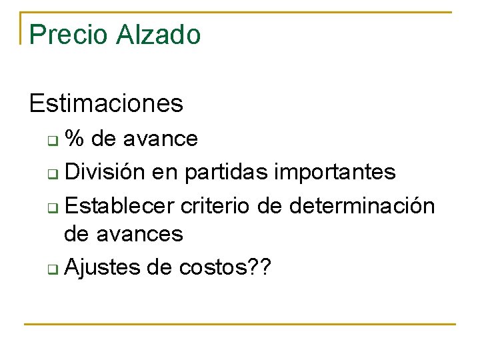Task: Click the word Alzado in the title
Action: pos(158,35)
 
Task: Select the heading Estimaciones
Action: pos(106,103)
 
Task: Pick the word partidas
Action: pos(227,172)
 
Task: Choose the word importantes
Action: pos(335,172)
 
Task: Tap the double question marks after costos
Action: pos(257,267)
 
